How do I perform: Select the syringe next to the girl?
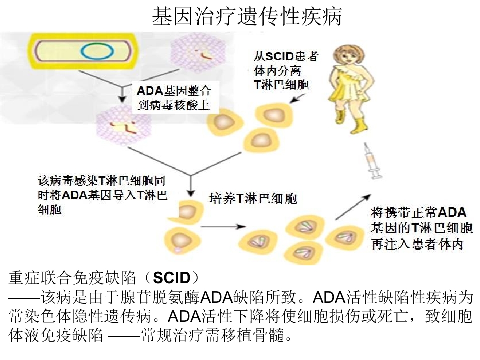[373, 161]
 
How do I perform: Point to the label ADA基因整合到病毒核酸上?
[174, 98]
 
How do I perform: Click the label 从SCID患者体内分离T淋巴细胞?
[286, 70]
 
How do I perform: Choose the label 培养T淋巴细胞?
[253, 199]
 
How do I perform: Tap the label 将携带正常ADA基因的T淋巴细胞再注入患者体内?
[422, 228]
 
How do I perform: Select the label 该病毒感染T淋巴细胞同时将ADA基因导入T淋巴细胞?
[102, 195]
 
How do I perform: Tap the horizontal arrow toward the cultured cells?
[223, 227]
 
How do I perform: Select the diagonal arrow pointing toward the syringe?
[353, 207]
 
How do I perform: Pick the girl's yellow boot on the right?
[358, 125]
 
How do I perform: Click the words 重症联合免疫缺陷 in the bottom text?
[72, 278]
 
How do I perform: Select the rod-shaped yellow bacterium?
[82, 51]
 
